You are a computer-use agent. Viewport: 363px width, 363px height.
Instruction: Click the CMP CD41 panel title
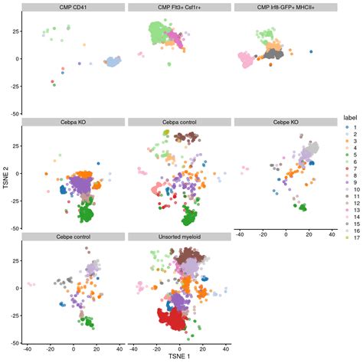[74, 8]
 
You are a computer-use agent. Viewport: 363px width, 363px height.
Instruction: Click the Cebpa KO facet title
[74, 122]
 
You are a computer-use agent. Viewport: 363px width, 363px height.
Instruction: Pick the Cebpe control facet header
[74, 237]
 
